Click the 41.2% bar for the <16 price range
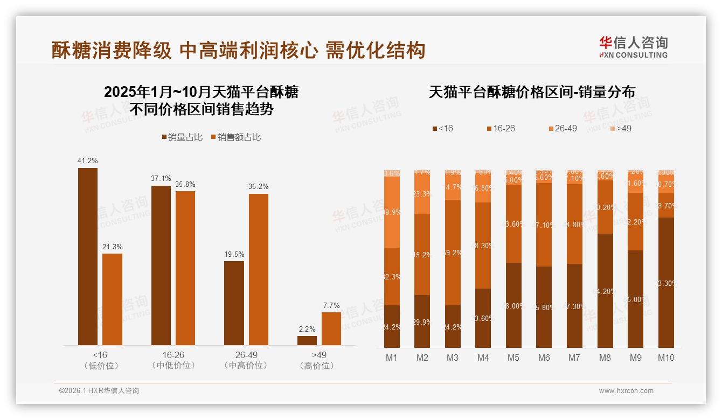[88, 256]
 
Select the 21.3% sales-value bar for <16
[112, 299]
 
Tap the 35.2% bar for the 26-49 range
[258, 269]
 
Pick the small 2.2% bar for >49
[307, 340]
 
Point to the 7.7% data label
[331, 305]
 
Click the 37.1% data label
[161, 178]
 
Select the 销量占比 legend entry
[182, 137]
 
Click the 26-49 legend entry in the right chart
[563, 129]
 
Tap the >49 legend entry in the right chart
[620, 129]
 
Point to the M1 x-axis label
[392, 358]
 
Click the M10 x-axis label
[666, 358]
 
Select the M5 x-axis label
[513, 358]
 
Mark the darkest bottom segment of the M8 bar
[605, 291]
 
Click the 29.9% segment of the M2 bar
[422, 321]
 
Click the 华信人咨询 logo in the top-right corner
[633, 47]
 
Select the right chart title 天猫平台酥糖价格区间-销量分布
[531, 92]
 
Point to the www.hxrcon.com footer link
[626, 391]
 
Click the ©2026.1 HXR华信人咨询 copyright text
[99, 391]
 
